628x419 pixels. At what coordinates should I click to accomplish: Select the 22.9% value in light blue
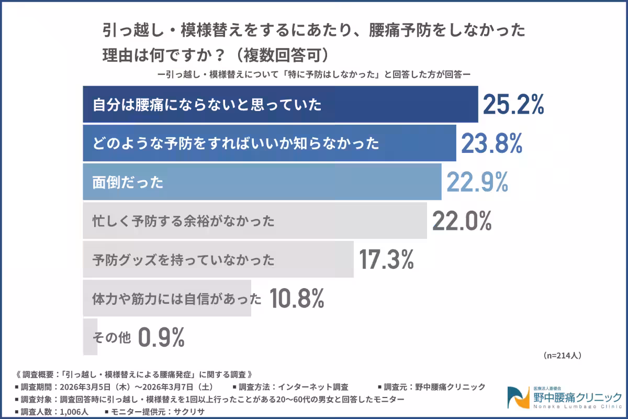pos(477,182)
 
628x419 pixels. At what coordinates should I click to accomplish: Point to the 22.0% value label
pos(462,220)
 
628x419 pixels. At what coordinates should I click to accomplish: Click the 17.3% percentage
pos(387,259)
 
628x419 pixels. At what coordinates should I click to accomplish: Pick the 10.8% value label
pos(297,298)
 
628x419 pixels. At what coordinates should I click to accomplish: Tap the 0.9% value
pos(161,337)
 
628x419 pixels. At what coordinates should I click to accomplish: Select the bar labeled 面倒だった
pos(262,182)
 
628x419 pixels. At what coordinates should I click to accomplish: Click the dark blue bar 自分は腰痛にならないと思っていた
pos(280,105)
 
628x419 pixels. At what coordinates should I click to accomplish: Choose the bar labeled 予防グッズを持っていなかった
pos(218,259)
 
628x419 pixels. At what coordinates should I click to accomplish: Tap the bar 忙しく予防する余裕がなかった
pos(254,220)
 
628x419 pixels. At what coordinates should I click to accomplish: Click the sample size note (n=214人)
pos(563,355)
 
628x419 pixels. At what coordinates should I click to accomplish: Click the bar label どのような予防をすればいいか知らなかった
pos(235,144)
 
